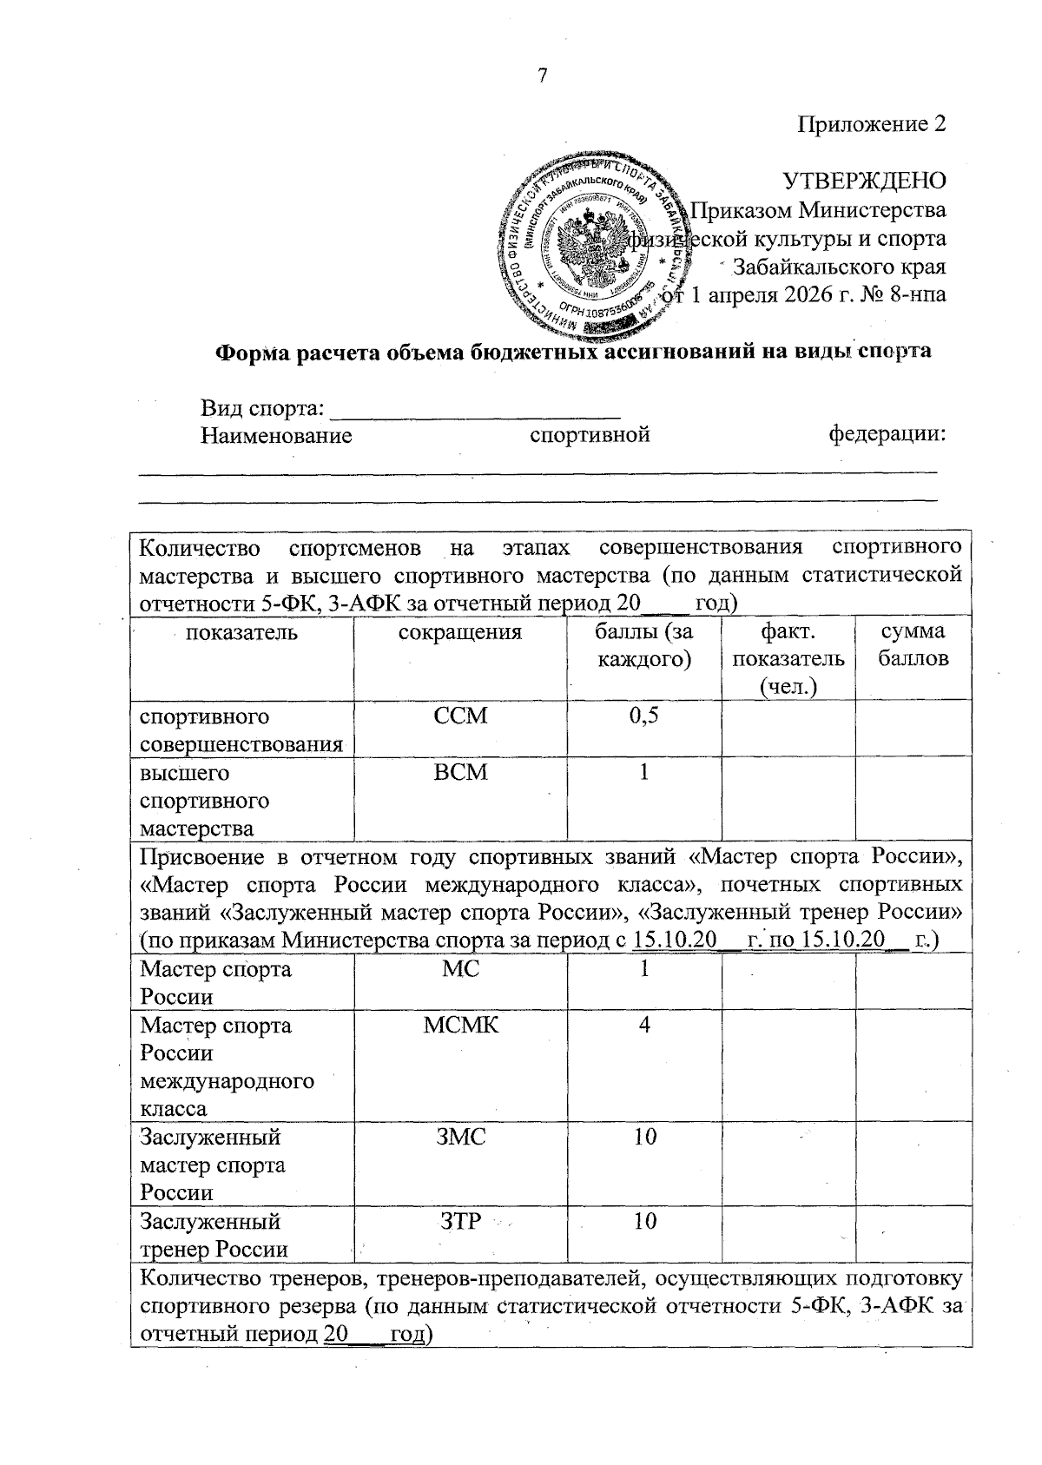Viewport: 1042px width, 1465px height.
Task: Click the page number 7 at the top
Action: point(543,76)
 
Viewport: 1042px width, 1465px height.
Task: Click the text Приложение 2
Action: point(871,124)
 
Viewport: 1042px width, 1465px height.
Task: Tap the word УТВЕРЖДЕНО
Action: point(864,181)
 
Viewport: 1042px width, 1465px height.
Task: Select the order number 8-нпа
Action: point(918,294)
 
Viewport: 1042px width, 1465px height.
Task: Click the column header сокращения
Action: point(459,632)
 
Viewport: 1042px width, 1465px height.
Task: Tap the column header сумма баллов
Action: point(913,644)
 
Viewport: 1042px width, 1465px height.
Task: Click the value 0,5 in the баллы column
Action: point(643,716)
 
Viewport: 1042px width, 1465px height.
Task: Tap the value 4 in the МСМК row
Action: point(643,1026)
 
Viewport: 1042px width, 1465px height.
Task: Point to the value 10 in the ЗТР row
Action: point(643,1222)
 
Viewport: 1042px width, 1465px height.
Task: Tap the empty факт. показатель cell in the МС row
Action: point(788,981)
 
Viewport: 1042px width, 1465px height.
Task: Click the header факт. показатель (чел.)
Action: point(788,658)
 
